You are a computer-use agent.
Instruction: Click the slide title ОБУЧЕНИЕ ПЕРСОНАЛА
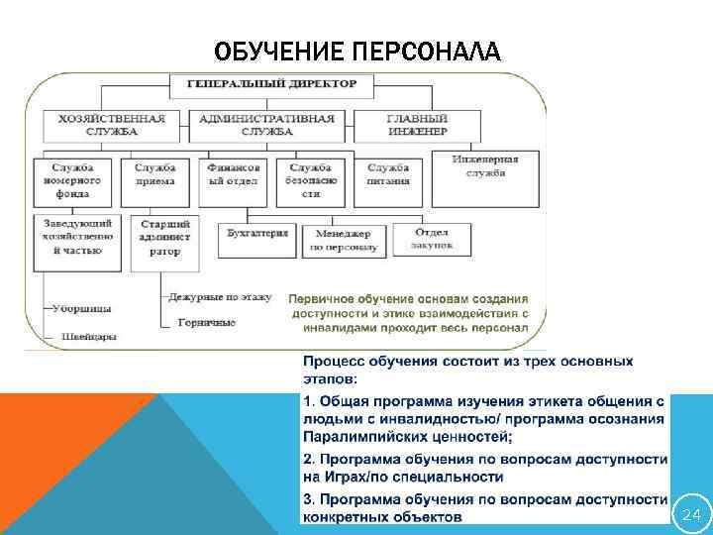click(x=357, y=50)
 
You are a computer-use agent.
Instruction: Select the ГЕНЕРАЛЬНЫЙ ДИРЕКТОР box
click(x=272, y=85)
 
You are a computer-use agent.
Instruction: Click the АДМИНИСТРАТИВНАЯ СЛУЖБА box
click(x=266, y=124)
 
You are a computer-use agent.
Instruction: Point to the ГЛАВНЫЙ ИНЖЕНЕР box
click(x=415, y=124)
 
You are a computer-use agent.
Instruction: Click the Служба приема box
click(x=155, y=174)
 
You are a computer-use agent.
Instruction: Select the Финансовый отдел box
click(x=234, y=174)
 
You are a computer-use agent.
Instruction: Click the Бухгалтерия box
click(x=257, y=234)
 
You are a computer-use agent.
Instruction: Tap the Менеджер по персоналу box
click(x=344, y=239)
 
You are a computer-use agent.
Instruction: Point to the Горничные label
click(x=207, y=322)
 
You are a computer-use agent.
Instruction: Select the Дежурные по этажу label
click(x=219, y=296)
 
